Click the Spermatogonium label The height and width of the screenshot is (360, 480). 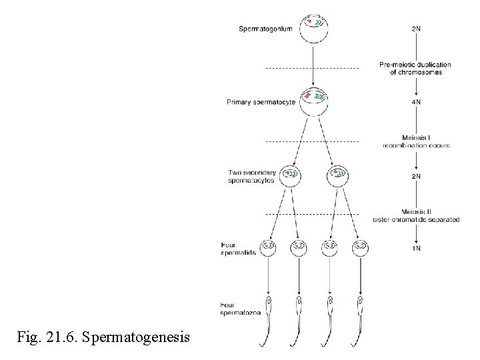pyautogui.click(x=265, y=29)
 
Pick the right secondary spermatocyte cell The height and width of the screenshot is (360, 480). pyautogui.click(x=338, y=176)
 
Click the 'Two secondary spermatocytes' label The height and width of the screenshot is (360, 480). pyautogui.click(x=251, y=177)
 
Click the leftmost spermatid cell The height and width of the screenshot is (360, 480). pyautogui.click(x=268, y=248)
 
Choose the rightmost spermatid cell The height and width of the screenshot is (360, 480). pyautogui.click(x=361, y=248)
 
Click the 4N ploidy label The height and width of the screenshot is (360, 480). pyautogui.click(x=416, y=102)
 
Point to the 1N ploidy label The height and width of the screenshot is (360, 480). pyautogui.click(x=416, y=249)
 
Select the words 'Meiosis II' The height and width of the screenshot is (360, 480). pyautogui.click(x=416, y=212)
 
